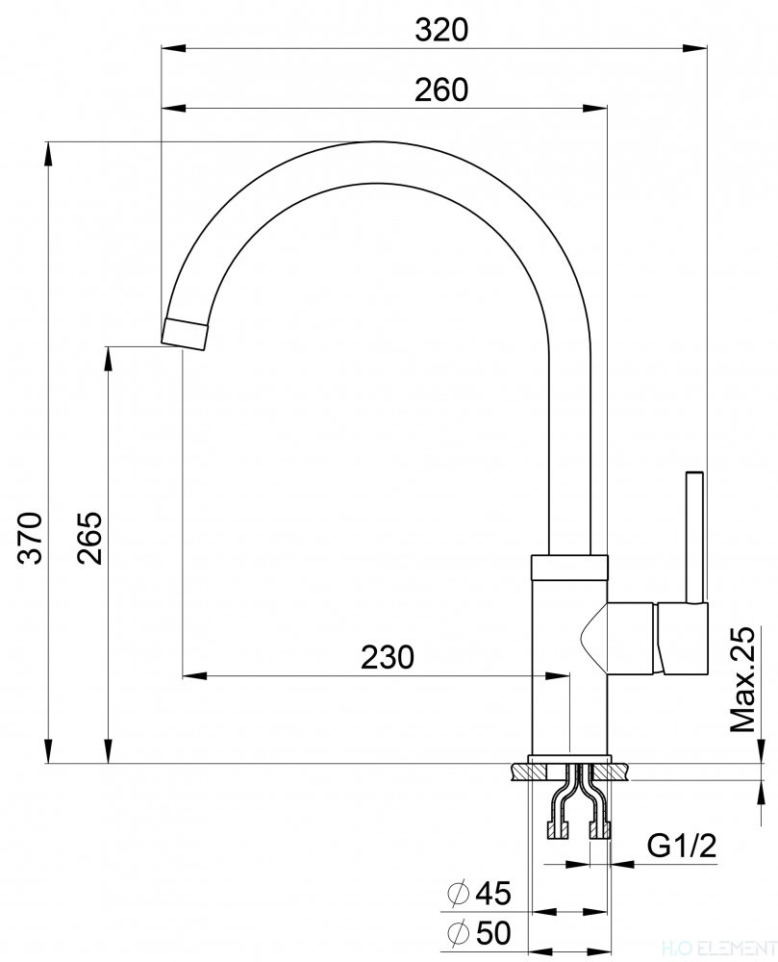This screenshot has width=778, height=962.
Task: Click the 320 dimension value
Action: [440, 30]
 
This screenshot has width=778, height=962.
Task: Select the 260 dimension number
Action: [440, 89]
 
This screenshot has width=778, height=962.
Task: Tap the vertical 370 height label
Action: [30, 537]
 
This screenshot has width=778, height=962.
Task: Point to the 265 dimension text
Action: [88, 537]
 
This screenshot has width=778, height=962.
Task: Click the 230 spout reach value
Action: [387, 657]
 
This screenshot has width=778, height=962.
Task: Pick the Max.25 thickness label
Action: [742, 679]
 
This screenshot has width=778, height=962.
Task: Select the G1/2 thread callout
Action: [682, 847]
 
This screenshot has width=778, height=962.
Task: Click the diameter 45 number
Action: [492, 893]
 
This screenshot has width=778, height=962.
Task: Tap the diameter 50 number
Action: [492, 932]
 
